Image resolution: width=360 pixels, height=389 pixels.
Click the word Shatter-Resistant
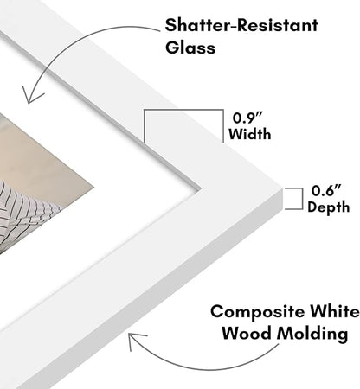(241, 25)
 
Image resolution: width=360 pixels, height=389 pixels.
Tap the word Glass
(190, 48)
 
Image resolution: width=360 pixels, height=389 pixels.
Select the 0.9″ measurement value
(248, 118)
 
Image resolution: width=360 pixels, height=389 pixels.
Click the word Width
(250, 134)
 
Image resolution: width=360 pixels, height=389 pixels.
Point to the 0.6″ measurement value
(326, 190)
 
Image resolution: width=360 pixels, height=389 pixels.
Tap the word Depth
(329, 207)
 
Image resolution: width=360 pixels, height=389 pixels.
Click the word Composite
(258, 312)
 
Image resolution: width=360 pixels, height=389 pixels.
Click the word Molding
(312, 335)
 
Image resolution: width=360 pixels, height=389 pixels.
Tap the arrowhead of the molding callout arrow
(135, 340)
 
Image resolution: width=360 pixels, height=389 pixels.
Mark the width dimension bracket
(183, 110)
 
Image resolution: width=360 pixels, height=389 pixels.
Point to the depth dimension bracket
(302, 199)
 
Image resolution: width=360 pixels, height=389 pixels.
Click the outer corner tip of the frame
(282, 188)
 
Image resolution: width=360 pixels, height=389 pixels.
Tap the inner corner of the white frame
(201, 189)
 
